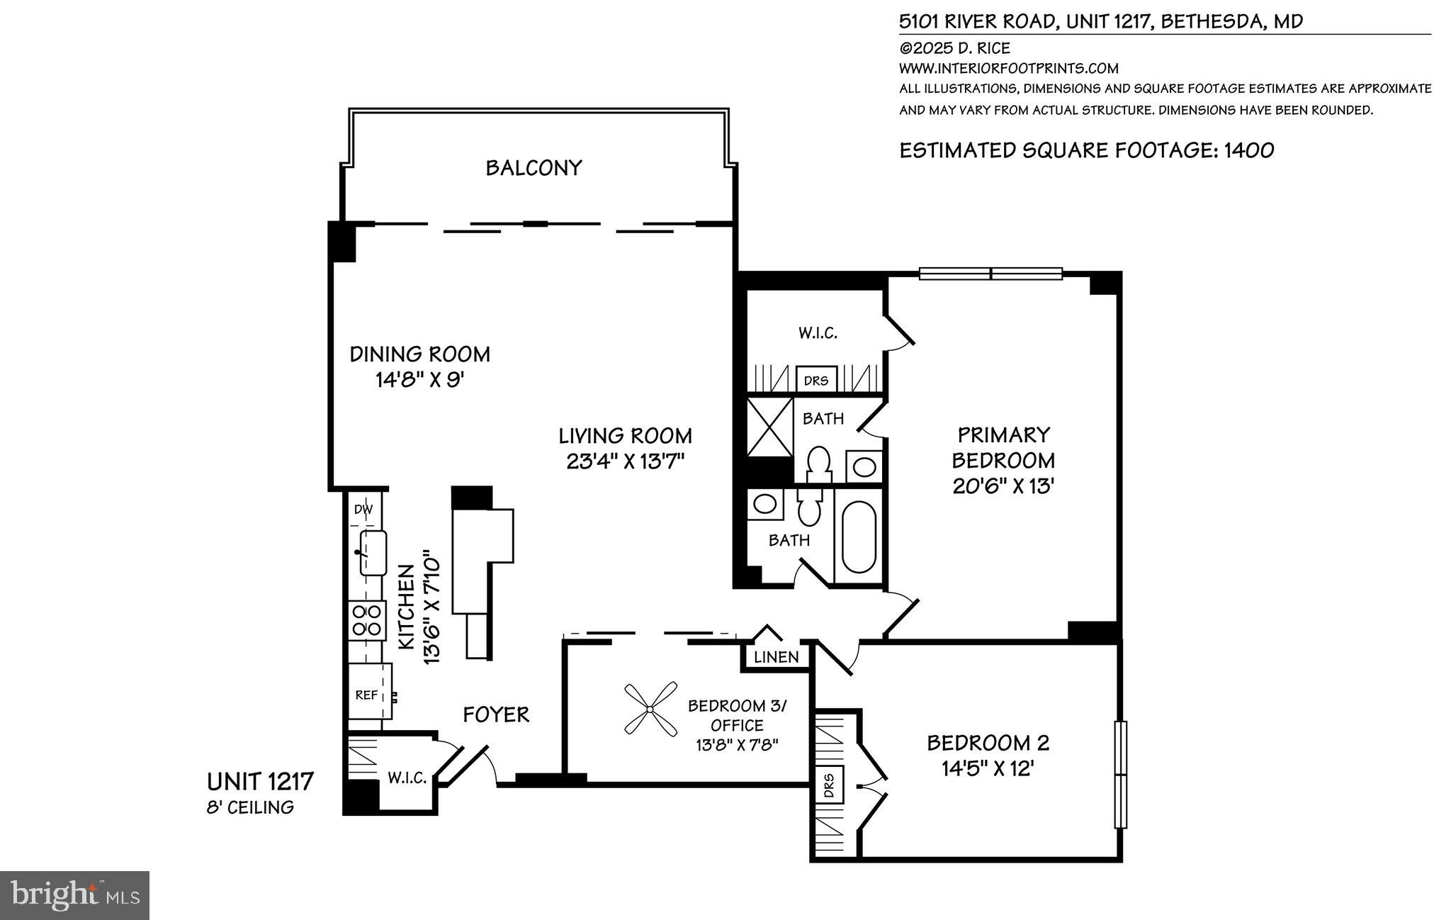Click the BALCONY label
[533, 168]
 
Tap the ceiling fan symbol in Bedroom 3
[650, 708]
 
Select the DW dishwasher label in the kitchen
[363, 509]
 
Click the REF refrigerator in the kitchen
[367, 695]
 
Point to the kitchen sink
[373, 553]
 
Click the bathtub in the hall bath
[858, 537]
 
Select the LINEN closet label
[776, 657]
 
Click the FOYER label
[496, 714]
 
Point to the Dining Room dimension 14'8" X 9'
[419, 380]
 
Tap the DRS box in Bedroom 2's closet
[830, 785]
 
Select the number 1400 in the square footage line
[1249, 150]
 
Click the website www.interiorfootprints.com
[1008, 69]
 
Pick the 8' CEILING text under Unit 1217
[249, 807]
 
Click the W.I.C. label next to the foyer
[407, 778]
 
